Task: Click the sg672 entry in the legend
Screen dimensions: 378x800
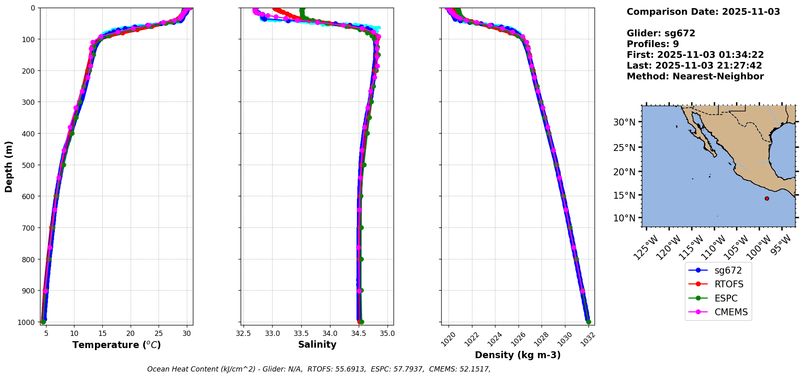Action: pyautogui.click(x=728, y=270)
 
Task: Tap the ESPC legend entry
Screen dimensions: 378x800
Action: pyautogui.click(x=726, y=298)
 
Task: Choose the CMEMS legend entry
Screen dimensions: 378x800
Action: pyautogui.click(x=731, y=312)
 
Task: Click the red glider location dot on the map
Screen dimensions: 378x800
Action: pyautogui.click(x=767, y=198)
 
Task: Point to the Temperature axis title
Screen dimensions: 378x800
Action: pyautogui.click(x=116, y=345)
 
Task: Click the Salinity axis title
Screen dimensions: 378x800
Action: pyautogui.click(x=317, y=344)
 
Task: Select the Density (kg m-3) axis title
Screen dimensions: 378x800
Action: pyautogui.click(x=517, y=355)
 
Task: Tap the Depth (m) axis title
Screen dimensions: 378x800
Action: pyautogui.click(x=8, y=166)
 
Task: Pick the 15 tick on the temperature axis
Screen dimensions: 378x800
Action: pyautogui.click(x=102, y=333)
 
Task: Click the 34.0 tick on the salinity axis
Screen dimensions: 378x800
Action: pyautogui.click(x=330, y=333)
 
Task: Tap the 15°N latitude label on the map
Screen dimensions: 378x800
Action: pyautogui.click(x=624, y=195)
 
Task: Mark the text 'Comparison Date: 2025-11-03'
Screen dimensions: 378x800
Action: pyautogui.click(x=703, y=12)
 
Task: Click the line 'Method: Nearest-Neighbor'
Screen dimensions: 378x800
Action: pyautogui.click(x=695, y=76)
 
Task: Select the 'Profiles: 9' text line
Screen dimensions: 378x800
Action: pyautogui.click(x=652, y=44)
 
